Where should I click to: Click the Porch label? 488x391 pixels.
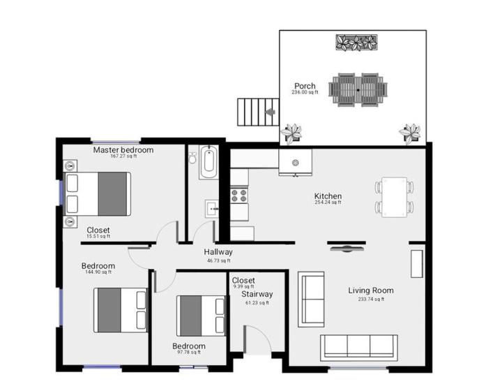coord(305,86)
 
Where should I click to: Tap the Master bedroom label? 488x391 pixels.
coord(123,150)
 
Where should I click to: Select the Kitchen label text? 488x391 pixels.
coord(328,196)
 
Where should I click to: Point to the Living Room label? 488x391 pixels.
coord(371,290)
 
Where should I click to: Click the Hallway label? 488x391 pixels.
coord(218,252)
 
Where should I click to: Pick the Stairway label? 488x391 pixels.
coord(257,295)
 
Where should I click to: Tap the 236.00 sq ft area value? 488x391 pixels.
coord(305,92)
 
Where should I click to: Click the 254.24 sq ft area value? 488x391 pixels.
coord(328,203)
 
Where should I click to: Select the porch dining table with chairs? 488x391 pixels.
coord(358,90)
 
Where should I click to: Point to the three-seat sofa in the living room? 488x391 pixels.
coord(358,347)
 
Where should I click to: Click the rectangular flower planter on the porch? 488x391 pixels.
coord(357,43)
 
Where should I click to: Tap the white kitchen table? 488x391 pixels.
coord(395,197)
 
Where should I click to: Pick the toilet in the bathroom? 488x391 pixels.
coord(192,158)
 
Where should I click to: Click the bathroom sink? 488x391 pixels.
coord(211,208)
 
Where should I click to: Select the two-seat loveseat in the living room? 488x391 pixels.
coord(311,298)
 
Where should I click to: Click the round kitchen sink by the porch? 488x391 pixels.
coord(296,162)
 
